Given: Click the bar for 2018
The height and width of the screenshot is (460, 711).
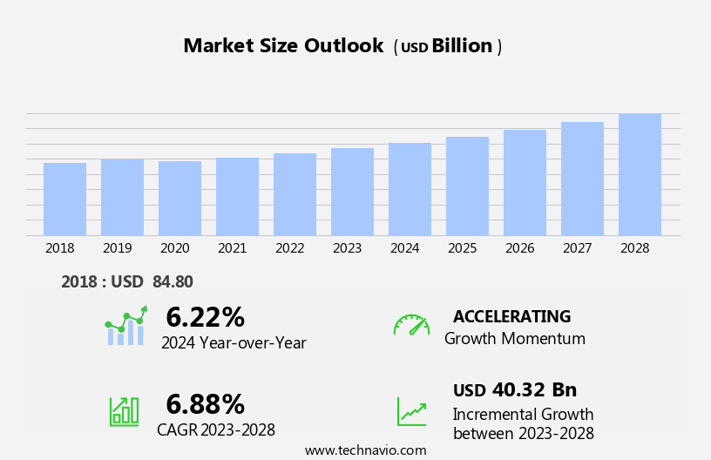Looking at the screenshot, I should pyautogui.click(x=64, y=200).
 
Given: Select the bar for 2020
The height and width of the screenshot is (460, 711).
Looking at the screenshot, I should pyautogui.click(x=179, y=199).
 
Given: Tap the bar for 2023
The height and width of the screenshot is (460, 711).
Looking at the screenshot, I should pyautogui.click(x=352, y=192).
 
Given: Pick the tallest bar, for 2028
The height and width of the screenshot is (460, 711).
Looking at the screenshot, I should pyautogui.click(x=640, y=174).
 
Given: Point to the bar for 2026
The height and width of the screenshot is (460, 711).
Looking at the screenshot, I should pyautogui.click(x=525, y=183).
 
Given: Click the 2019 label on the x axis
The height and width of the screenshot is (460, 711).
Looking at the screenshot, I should pyautogui.click(x=117, y=248).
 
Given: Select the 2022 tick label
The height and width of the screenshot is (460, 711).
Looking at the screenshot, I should pyautogui.click(x=289, y=248).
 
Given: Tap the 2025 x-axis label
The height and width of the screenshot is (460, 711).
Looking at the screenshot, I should pyautogui.click(x=462, y=248).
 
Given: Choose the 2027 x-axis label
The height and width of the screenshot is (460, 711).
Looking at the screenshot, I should pyautogui.click(x=577, y=248).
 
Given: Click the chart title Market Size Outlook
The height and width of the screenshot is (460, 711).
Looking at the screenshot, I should pyautogui.click(x=283, y=46).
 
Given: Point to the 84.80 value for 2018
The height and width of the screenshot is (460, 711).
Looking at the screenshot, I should pyautogui.click(x=173, y=281).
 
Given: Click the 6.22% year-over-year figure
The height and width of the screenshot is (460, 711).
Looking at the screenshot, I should pyautogui.click(x=205, y=317).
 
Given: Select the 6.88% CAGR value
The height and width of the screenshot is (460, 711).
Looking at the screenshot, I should pyautogui.click(x=205, y=404).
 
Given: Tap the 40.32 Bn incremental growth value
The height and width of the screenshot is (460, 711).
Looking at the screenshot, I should pyautogui.click(x=534, y=389).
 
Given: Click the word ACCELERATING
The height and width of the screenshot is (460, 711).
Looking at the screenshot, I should pyautogui.click(x=511, y=316).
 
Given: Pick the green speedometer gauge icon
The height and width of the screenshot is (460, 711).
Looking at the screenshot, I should pyautogui.click(x=411, y=325).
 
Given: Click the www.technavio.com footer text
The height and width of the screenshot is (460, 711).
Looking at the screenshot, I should pyautogui.click(x=365, y=450).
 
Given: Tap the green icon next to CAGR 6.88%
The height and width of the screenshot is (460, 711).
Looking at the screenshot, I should pyautogui.click(x=124, y=410).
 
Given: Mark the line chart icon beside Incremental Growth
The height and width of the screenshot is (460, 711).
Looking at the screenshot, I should pyautogui.click(x=411, y=411).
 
